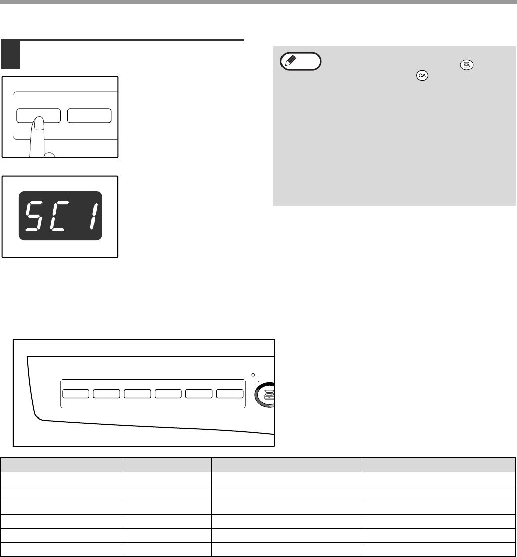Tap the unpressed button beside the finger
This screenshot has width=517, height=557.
(x=89, y=116)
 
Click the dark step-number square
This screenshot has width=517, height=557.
(x=10, y=55)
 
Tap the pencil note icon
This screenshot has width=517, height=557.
(x=300, y=62)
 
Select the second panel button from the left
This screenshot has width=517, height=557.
(x=107, y=394)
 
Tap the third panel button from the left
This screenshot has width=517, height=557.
(x=137, y=394)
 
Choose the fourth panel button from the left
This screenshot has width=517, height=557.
(x=168, y=394)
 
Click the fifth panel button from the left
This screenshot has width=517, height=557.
(x=199, y=394)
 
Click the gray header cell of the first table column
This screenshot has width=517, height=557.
(x=61, y=464)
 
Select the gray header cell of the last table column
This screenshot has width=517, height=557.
(x=439, y=464)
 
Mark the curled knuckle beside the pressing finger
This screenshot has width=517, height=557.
(x=50, y=155)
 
